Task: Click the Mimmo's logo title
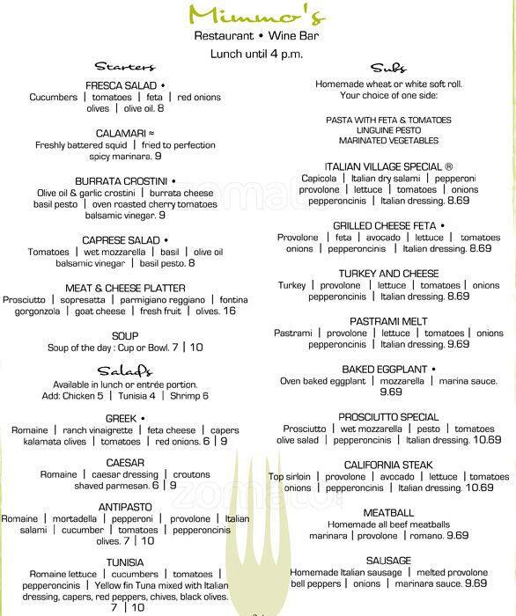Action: pyautogui.click(x=257, y=13)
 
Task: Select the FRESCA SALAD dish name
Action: pyautogui.click(x=122, y=84)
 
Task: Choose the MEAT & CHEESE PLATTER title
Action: pyautogui.click(x=125, y=288)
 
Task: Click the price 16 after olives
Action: pyautogui.click(x=230, y=312)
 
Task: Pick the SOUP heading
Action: pyautogui.click(x=125, y=335)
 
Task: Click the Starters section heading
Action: pyautogui.click(x=124, y=66)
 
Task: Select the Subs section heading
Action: pyautogui.click(x=387, y=67)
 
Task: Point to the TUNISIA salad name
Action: pyautogui.click(x=125, y=561)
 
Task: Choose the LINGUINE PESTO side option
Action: pyautogui.click(x=387, y=130)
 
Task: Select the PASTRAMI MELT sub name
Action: pyautogui.click(x=387, y=321)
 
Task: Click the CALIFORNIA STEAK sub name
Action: pyautogui.click(x=388, y=464)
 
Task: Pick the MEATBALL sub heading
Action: pyautogui.click(x=388, y=511)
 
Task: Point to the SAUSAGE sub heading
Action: pyautogui.click(x=388, y=560)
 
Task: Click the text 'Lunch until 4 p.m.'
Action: pyautogui.click(x=257, y=53)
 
